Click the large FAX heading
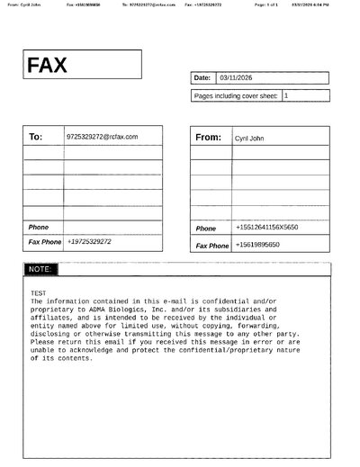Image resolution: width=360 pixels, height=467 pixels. click(x=48, y=66)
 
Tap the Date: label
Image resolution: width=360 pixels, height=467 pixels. click(x=202, y=77)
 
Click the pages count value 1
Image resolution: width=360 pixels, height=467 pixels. click(x=286, y=94)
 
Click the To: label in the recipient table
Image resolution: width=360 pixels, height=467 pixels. click(x=36, y=137)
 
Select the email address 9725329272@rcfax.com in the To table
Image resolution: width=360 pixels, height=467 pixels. click(x=102, y=137)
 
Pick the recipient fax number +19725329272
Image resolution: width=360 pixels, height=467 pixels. click(x=89, y=242)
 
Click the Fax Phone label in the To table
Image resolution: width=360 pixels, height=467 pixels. click(x=45, y=242)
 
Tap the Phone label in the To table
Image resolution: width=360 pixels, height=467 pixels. click(x=39, y=227)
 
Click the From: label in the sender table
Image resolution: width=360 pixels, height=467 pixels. click(x=208, y=138)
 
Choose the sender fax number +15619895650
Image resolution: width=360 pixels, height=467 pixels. click(x=257, y=245)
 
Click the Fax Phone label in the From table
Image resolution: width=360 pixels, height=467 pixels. click(x=212, y=246)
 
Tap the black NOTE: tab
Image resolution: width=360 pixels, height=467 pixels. click(x=40, y=269)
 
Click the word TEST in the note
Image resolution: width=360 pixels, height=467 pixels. click(x=38, y=293)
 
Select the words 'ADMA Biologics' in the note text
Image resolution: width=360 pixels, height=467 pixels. click(x=125, y=309)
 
